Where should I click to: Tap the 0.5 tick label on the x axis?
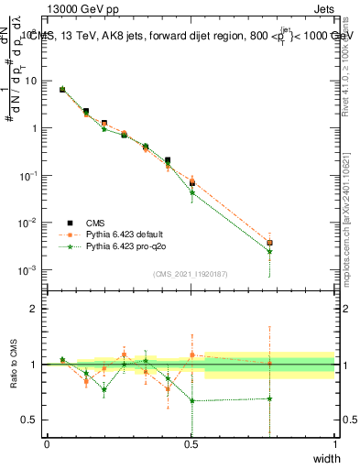(x=191, y=444)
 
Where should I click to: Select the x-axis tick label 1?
(x=334, y=444)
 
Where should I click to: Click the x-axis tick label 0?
(x=47, y=444)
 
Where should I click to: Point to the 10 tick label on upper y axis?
(x=31, y=81)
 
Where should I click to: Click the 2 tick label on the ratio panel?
(x=34, y=309)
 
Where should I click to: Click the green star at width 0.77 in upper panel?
(x=269, y=251)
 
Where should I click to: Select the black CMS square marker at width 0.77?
(x=269, y=243)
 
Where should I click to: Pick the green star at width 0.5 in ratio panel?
(x=191, y=400)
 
